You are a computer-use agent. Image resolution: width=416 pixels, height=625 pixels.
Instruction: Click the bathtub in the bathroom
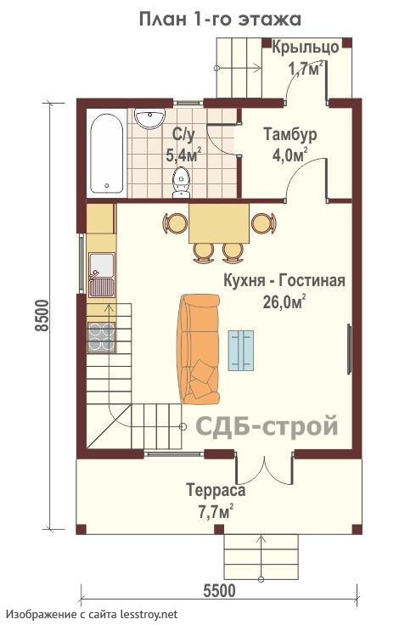click(106, 154)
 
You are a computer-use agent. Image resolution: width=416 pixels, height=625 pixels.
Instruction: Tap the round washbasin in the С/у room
click(149, 118)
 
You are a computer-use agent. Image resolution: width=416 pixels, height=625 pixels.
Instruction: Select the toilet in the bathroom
click(181, 183)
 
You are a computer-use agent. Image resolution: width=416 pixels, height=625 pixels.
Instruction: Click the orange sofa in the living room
click(200, 349)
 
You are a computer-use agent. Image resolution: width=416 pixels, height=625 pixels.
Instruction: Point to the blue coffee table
click(240, 351)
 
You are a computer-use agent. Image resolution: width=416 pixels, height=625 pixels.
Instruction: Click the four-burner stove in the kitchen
click(101, 337)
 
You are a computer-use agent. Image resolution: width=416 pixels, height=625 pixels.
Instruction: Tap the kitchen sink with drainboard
click(102, 275)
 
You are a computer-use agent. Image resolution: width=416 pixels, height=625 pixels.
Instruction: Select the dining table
click(219, 223)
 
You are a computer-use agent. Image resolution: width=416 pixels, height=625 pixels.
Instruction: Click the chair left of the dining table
click(175, 223)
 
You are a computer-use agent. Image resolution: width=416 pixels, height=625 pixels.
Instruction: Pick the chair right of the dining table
click(263, 223)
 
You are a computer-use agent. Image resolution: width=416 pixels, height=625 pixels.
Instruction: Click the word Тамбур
click(290, 134)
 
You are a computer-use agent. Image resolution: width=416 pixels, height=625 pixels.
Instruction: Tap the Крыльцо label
click(306, 48)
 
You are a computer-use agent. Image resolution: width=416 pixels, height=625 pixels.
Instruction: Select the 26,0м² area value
click(284, 301)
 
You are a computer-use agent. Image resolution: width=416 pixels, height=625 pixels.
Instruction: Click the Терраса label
click(216, 490)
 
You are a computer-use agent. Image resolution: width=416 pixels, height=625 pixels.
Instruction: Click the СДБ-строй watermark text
click(267, 425)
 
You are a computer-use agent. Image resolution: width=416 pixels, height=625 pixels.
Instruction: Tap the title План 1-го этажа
click(220, 20)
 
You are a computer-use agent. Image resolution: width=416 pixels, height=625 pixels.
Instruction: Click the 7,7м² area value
click(216, 511)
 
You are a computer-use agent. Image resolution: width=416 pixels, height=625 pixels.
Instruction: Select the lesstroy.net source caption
click(92, 614)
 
